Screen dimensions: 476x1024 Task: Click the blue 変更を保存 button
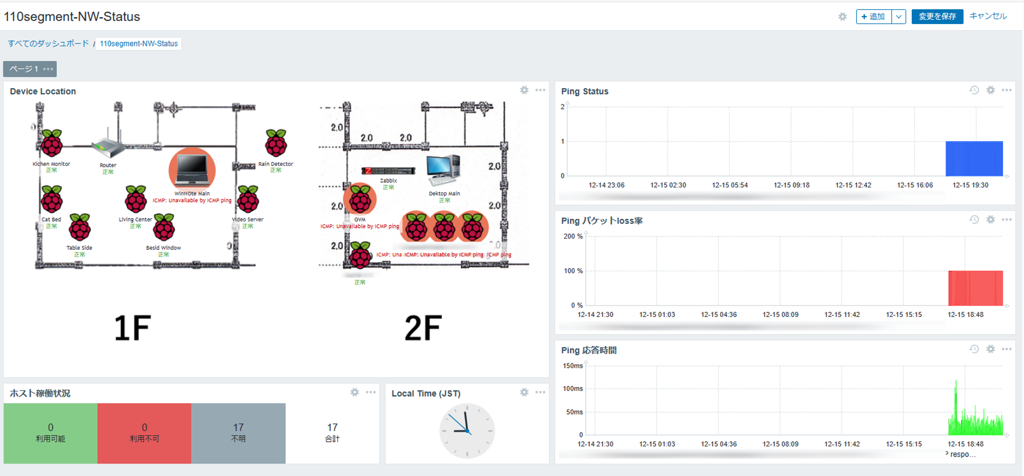click(x=937, y=16)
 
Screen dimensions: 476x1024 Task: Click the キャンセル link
click(x=988, y=16)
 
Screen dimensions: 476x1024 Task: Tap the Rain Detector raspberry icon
click(x=276, y=143)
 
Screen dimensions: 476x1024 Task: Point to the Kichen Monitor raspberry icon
click(x=52, y=143)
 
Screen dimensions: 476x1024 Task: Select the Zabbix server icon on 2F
click(x=388, y=170)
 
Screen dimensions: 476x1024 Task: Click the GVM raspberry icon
click(x=360, y=199)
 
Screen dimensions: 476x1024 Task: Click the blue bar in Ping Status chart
click(x=974, y=159)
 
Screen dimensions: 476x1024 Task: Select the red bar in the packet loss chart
click(x=975, y=288)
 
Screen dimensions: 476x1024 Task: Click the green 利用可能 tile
click(x=51, y=433)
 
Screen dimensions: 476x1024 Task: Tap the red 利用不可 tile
click(x=144, y=433)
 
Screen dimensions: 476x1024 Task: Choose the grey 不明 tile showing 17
click(x=238, y=433)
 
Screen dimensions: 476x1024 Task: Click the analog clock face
click(x=467, y=431)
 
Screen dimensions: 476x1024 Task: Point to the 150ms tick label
click(x=572, y=366)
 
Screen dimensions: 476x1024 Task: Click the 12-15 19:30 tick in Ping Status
click(x=970, y=185)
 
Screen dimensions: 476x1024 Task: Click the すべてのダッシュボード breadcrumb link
click(x=48, y=44)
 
